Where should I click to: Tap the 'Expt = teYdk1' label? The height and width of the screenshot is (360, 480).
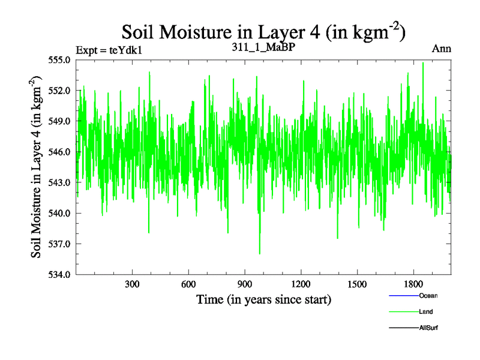[109, 50]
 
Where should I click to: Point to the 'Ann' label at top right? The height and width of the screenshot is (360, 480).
[441, 49]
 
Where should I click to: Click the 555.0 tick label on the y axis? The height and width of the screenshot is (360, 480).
[61, 60]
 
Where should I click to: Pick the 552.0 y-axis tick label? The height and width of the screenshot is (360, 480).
[61, 91]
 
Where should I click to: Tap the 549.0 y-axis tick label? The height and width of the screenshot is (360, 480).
[61, 121]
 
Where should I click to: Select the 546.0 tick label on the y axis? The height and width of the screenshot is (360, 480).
[61, 152]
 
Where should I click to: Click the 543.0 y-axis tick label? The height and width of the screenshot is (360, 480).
[61, 182]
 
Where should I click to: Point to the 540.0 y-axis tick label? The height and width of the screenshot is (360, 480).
[61, 213]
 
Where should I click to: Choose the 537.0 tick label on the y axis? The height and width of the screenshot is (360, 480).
[61, 244]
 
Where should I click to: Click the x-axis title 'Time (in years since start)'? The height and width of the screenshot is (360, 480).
[264, 299]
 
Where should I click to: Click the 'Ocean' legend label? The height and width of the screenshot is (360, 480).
[428, 296]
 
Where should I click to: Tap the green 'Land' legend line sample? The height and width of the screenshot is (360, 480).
[403, 312]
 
